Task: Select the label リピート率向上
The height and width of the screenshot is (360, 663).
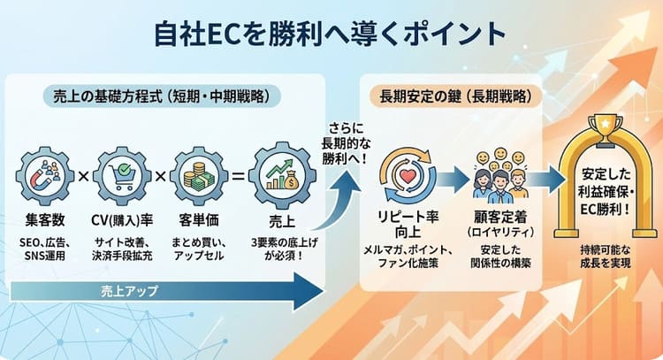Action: pos(408,226)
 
